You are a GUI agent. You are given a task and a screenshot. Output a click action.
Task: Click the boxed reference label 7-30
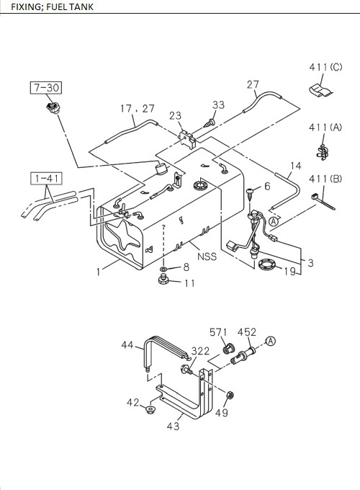pos(46,88)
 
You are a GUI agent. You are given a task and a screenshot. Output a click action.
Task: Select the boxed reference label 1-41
pos(45,177)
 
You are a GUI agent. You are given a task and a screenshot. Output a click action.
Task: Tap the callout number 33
pos(218,105)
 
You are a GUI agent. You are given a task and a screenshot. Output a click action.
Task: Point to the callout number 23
pos(175,115)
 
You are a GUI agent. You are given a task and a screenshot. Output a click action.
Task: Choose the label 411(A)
pos(325,127)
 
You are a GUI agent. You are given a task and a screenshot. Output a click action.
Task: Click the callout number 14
pos(295,166)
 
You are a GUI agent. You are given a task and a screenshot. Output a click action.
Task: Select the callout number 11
pos(189,283)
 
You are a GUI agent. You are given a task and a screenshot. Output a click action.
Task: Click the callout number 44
pos(127,346)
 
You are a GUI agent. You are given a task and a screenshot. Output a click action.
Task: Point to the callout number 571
pos(218,332)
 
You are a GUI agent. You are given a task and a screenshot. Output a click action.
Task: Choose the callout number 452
pos(247,332)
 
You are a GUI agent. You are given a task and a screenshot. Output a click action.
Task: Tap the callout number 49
pos(222,413)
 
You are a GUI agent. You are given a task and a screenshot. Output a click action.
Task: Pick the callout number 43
pos(173,426)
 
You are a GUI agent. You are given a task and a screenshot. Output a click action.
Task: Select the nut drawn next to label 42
pos(150,411)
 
